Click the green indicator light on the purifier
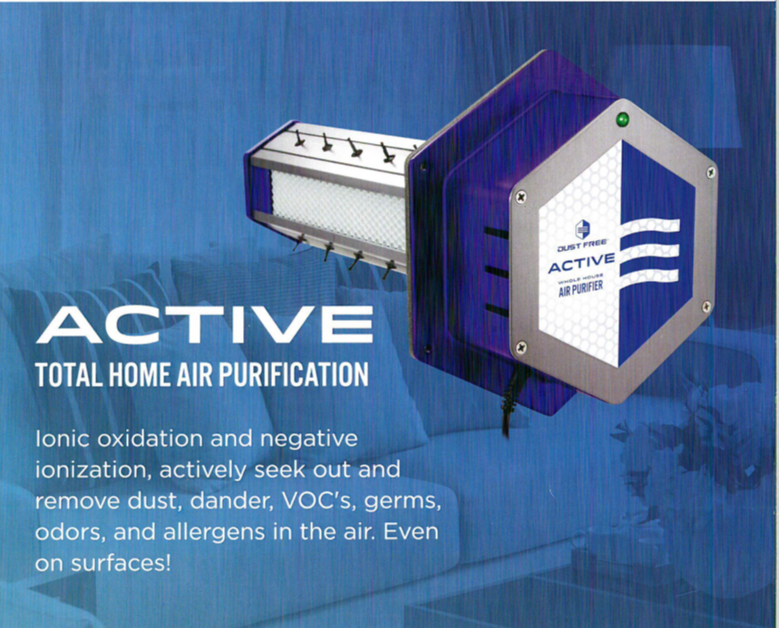(x=622, y=119)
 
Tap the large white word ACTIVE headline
(x=205, y=324)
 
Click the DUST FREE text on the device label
(x=580, y=246)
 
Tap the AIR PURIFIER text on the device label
(x=580, y=288)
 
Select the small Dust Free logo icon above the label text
(x=582, y=229)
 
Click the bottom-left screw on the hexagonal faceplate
(x=521, y=346)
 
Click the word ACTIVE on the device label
(x=581, y=263)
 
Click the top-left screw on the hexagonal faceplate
(x=521, y=197)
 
